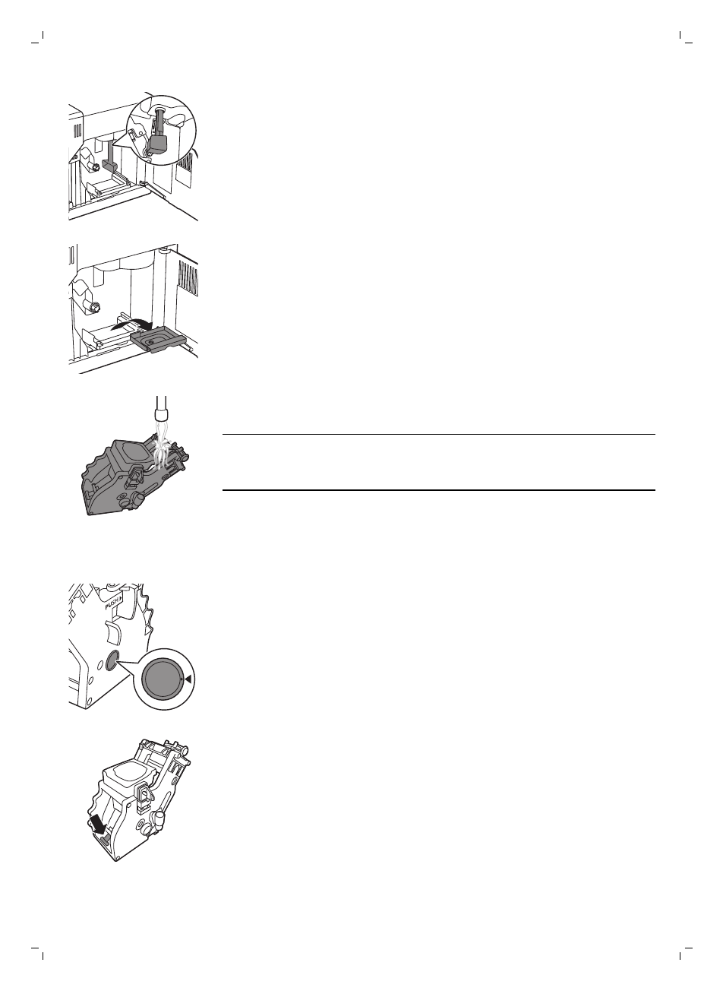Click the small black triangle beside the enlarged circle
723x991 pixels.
pos(188,681)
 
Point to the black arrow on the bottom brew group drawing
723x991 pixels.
pos(99,822)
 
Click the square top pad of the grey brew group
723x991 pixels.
pos(132,453)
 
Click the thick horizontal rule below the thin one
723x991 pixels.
pos(439,490)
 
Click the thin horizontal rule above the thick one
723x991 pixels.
pos(439,435)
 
